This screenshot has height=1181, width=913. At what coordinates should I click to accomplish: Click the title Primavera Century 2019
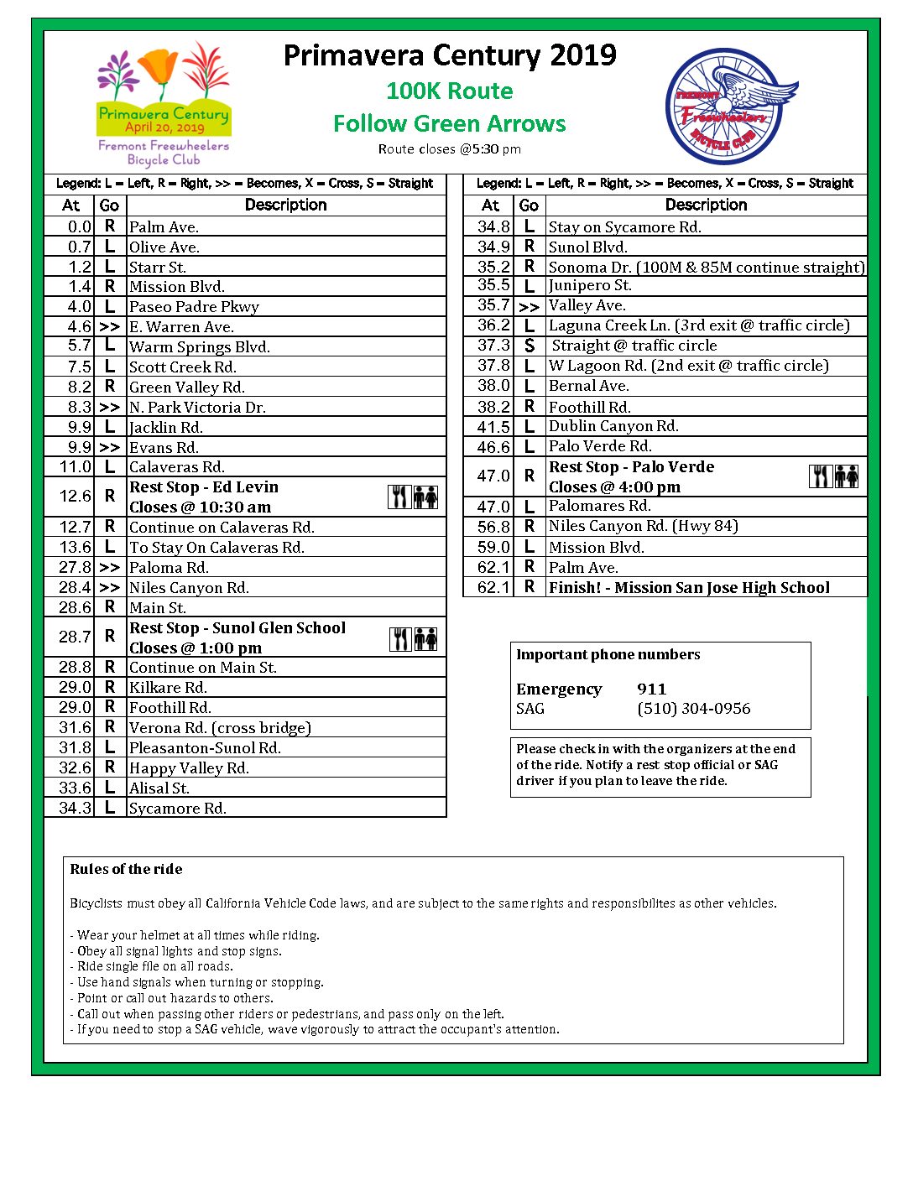(450, 56)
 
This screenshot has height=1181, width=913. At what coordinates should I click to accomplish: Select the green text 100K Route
(450, 91)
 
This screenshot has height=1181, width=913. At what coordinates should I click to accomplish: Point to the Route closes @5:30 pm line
(450, 149)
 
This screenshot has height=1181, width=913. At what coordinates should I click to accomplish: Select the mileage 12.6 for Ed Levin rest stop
(76, 497)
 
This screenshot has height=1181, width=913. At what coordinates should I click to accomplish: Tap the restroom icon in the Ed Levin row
(426, 497)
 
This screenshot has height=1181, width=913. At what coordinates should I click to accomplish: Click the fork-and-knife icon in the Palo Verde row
(820, 476)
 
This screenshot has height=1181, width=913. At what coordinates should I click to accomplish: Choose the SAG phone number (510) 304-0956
(694, 709)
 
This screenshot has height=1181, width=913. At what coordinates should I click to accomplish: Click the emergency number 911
(652, 689)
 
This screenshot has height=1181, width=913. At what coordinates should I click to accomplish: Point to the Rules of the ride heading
(126, 869)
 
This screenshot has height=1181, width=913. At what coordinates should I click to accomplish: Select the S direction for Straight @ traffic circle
(530, 346)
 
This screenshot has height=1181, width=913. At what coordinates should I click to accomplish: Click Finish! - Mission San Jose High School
(689, 588)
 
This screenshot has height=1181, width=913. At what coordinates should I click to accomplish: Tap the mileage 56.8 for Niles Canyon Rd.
(493, 527)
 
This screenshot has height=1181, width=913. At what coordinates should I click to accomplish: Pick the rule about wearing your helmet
(198, 935)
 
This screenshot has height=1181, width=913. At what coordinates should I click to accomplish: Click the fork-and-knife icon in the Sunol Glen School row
(400, 639)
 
